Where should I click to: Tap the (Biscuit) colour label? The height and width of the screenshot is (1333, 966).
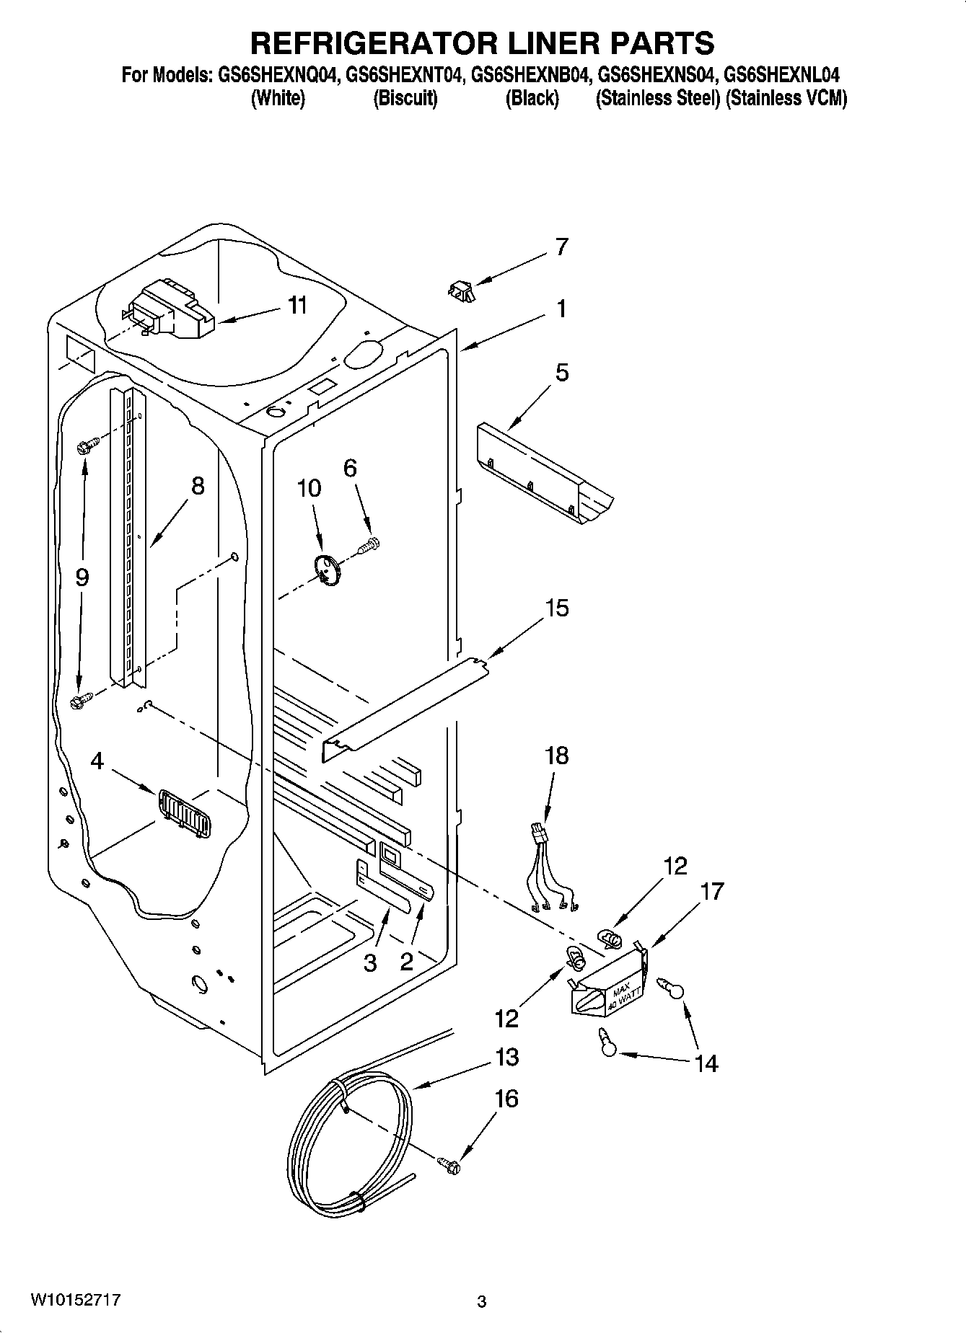[x=405, y=99]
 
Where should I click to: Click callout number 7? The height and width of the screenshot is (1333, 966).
[x=562, y=247]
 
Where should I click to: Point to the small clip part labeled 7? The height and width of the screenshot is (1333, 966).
[x=461, y=290]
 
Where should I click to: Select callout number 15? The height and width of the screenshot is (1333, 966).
[x=556, y=608]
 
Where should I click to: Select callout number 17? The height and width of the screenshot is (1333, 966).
[x=711, y=892]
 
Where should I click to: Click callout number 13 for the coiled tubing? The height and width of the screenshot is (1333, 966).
[x=506, y=1058]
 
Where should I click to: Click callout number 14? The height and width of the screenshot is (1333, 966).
[x=706, y=1063]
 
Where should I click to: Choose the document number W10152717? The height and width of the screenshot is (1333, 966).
[x=75, y=1301]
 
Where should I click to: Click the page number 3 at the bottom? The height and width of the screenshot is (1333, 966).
[x=481, y=1302]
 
